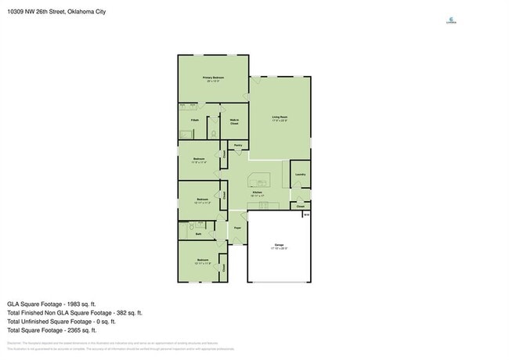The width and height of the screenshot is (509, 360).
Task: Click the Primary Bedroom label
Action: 214,77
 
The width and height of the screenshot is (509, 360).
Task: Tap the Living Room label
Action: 280,117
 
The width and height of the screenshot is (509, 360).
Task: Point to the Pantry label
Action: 237,146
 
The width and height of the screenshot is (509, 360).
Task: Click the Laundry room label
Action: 300,174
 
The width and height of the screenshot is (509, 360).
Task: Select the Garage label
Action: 279,245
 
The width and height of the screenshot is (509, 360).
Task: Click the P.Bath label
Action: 195,120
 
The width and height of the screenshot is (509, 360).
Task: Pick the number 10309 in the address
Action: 16,11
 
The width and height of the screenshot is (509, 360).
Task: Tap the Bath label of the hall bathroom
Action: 198,233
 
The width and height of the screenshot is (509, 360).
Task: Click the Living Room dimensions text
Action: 280,121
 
